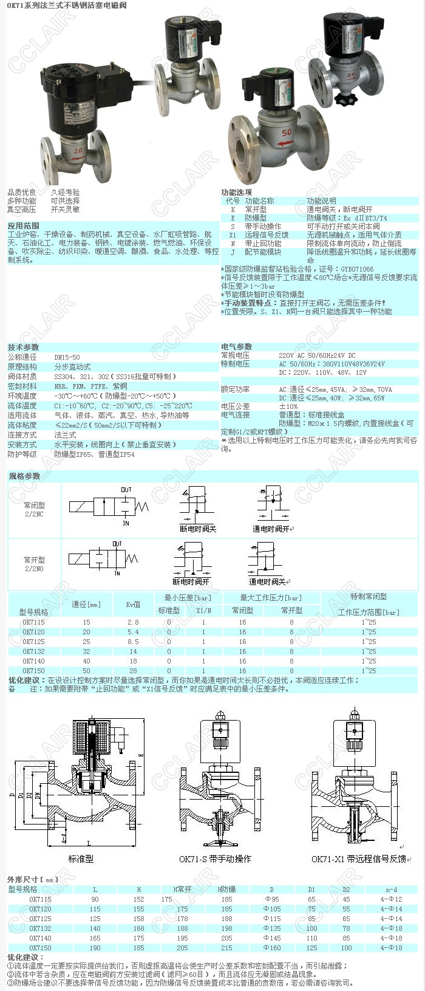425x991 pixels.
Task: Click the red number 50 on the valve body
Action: [x=287, y=131]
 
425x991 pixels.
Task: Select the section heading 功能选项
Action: [x=236, y=192]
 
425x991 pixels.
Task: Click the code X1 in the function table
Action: [x=233, y=235]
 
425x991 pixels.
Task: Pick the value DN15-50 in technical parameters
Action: [x=67, y=357]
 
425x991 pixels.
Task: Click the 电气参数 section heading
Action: [x=236, y=347]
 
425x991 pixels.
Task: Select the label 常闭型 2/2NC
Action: [x=34, y=509]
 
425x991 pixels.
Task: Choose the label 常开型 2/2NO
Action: [x=34, y=564]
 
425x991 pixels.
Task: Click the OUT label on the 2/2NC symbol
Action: [x=126, y=490]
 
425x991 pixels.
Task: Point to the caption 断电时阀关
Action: [x=198, y=529]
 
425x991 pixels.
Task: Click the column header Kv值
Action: [x=133, y=604]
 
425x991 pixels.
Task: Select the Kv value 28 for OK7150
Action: [x=133, y=671]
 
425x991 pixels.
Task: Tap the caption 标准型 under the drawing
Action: [x=81, y=859]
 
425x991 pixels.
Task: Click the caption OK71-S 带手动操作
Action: [x=215, y=859]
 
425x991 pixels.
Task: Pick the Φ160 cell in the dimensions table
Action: [x=271, y=947]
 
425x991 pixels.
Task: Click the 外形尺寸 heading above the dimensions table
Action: [x=33, y=879]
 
